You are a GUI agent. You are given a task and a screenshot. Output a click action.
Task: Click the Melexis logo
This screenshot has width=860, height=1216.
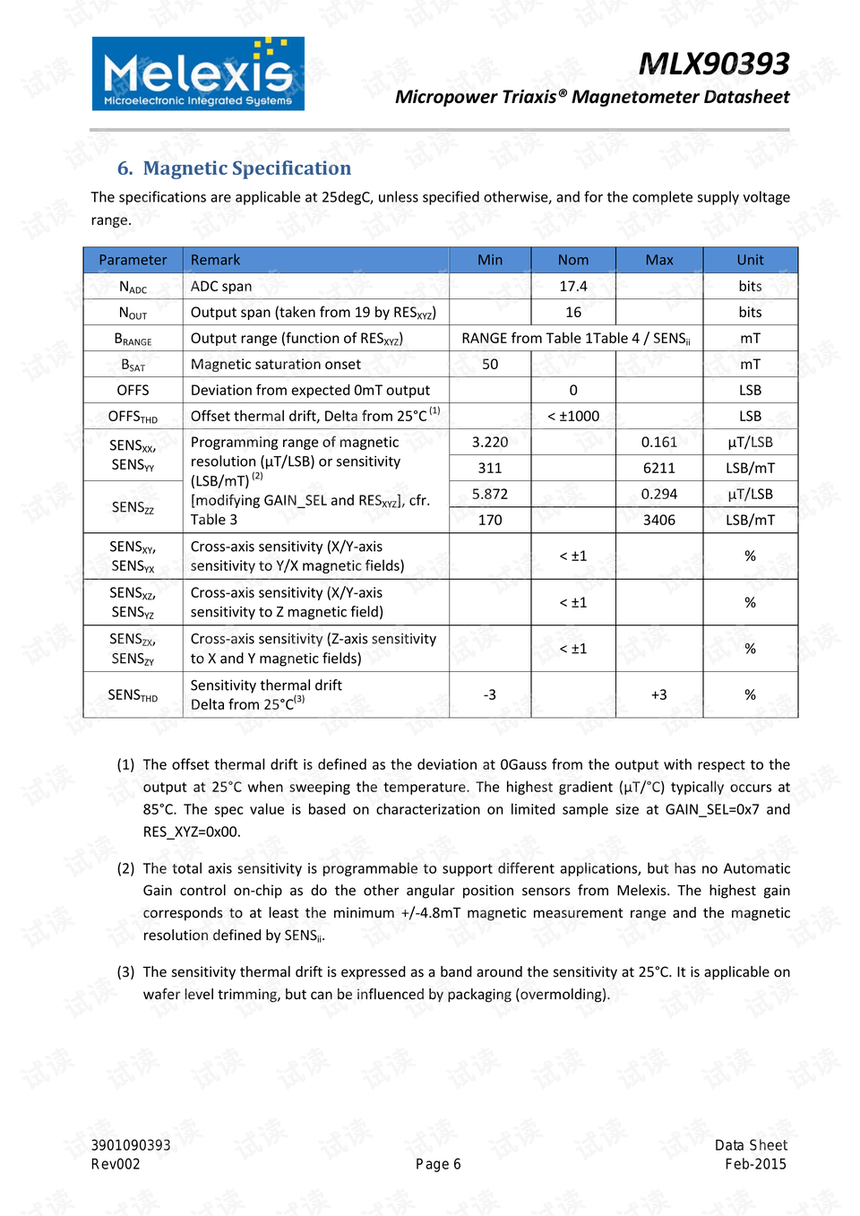(x=198, y=73)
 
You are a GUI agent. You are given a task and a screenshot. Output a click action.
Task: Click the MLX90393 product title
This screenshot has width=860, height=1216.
(x=713, y=64)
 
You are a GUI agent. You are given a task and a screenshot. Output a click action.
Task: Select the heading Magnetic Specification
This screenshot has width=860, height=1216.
(x=235, y=168)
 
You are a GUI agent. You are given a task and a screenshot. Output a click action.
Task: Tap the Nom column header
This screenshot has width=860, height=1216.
(x=573, y=260)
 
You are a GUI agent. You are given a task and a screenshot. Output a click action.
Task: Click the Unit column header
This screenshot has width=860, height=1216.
(x=750, y=260)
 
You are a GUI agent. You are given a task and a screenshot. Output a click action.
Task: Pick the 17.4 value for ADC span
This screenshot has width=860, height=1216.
(x=573, y=286)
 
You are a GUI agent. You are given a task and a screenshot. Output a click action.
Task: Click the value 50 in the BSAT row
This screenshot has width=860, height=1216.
(x=490, y=364)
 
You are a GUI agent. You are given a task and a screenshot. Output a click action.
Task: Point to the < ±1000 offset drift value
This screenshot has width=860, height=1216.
(x=573, y=416)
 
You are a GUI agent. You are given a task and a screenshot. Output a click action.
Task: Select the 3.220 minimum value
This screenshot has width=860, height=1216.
(x=490, y=442)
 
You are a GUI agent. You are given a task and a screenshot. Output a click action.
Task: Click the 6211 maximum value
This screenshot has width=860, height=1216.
(x=658, y=468)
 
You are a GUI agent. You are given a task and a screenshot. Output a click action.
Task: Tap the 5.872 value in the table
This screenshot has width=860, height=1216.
(x=490, y=494)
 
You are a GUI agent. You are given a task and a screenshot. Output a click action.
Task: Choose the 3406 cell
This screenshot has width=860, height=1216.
(x=658, y=520)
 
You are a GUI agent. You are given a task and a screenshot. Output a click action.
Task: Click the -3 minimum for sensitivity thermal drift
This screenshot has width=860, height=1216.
(x=490, y=694)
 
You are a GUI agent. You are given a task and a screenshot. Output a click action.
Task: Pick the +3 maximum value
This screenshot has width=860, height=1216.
(x=658, y=694)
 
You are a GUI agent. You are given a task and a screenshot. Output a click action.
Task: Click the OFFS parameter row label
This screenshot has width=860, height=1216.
(x=133, y=390)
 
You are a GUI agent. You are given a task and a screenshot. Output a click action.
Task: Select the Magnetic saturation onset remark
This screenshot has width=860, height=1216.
(x=276, y=364)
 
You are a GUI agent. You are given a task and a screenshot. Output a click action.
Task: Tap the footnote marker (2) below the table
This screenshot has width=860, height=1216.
(x=125, y=868)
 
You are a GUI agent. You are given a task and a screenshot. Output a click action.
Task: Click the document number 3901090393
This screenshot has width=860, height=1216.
(x=131, y=1145)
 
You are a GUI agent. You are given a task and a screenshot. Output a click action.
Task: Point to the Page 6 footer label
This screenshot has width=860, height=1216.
(x=438, y=1164)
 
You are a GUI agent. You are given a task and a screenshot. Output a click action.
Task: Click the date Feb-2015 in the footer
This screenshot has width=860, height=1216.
(x=755, y=1164)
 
